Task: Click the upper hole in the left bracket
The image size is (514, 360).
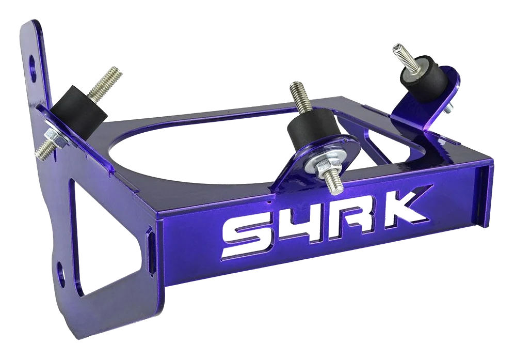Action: coord(32,67)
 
